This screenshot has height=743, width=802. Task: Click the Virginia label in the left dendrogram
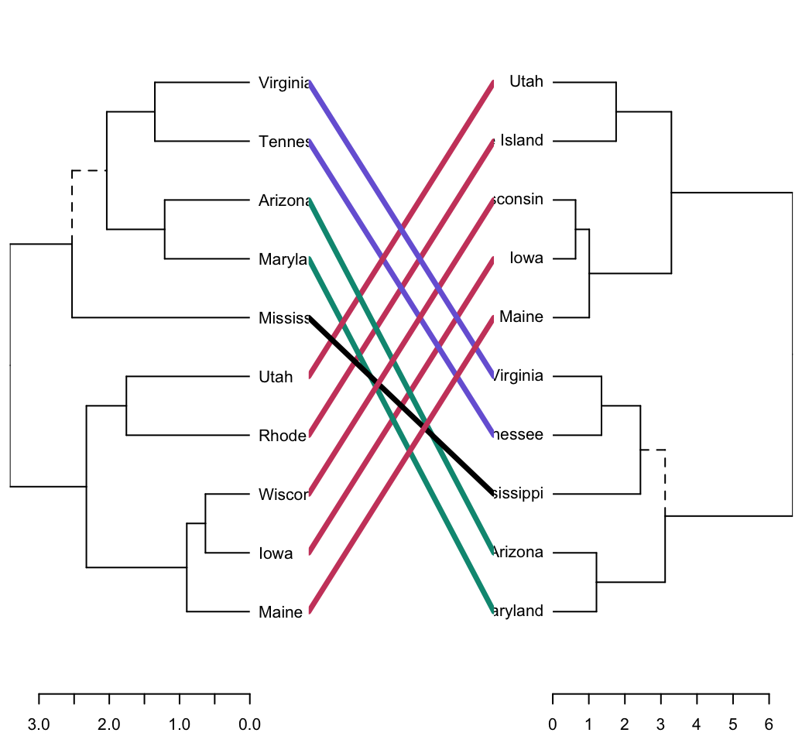pos(284,83)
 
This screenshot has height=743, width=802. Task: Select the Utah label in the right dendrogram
pos(526,81)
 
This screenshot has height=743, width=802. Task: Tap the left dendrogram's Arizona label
pos(284,200)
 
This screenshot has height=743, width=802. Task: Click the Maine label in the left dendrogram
pos(280,612)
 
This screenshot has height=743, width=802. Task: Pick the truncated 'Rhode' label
pos(283,436)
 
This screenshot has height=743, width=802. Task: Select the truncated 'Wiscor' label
pos(284,495)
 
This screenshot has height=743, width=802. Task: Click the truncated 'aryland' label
pos(518,611)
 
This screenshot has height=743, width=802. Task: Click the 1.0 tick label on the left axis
pos(179,724)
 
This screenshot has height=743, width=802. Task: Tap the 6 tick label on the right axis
pos(769,724)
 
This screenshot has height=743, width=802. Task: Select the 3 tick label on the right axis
pos(660,724)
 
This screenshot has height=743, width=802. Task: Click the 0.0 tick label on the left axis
pos(249,724)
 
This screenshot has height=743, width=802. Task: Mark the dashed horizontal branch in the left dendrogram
pos(89,170)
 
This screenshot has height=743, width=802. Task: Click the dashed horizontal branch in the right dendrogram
pos(653,450)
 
